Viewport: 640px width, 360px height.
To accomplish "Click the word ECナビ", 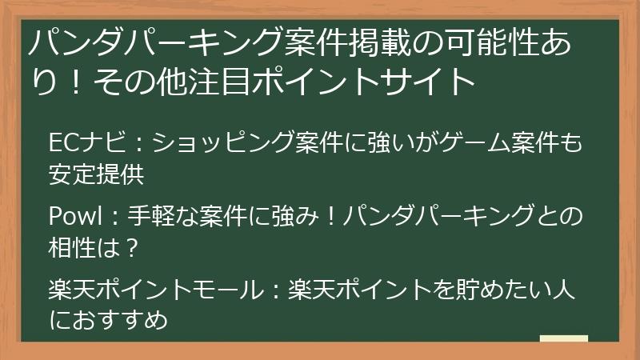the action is point(87,142).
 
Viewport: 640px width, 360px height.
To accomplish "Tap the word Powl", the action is point(74,215).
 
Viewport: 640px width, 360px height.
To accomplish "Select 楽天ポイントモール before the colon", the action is point(156,289).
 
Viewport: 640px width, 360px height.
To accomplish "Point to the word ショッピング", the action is point(223,142).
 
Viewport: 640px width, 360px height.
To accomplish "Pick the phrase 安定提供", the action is point(96,174).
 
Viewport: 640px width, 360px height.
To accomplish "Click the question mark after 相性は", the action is point(131,248).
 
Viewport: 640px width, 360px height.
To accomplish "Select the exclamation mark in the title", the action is point(75,82).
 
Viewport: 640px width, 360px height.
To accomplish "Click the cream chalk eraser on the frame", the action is point(564,338).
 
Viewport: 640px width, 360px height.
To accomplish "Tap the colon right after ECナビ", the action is point(139,144).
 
